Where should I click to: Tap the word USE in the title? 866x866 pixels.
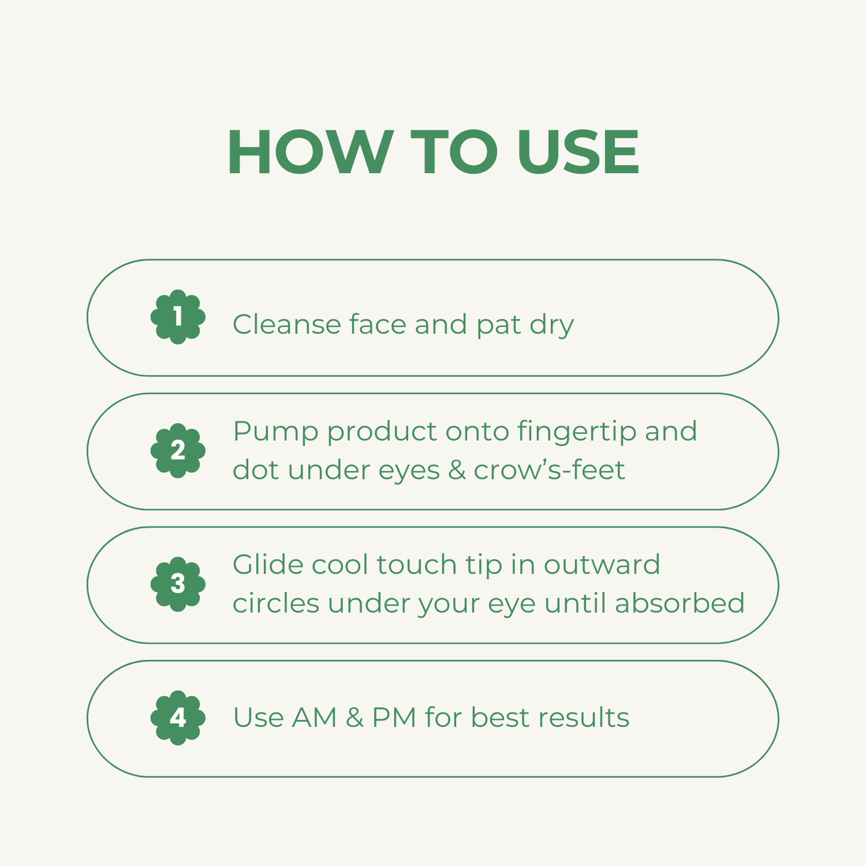[578, 152]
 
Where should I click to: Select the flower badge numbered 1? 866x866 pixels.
[178, 317]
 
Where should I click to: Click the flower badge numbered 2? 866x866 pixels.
[178, 451]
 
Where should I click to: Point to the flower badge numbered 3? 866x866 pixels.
[178, 584]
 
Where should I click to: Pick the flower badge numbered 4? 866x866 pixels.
[178, 717]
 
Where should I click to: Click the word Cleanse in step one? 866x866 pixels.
[286, 324]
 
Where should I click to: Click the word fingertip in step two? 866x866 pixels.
[576, 432]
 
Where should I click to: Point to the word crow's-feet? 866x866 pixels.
[549, 470]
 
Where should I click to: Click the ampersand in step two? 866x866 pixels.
[457, 470]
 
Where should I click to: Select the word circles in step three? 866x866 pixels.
[276, 603]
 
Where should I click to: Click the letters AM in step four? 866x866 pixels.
[315, 717]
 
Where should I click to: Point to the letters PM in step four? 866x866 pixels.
[394, 717]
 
